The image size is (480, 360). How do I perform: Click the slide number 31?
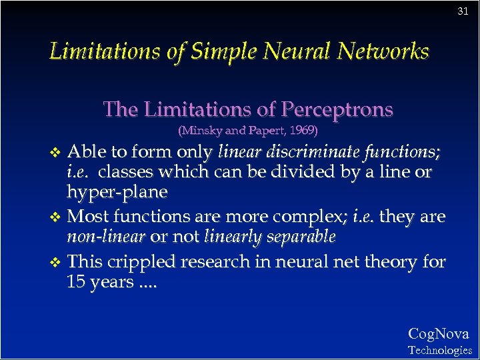point(463,11)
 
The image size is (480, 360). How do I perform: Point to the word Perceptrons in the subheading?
point(337,109)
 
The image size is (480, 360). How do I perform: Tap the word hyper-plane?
point(117,192)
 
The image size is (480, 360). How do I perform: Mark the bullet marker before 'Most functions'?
point(56,217)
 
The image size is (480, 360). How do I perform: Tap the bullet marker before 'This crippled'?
point(56,262)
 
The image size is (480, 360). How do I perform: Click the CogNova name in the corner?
point(438,334)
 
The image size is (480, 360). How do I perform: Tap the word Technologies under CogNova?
point(439,350)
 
